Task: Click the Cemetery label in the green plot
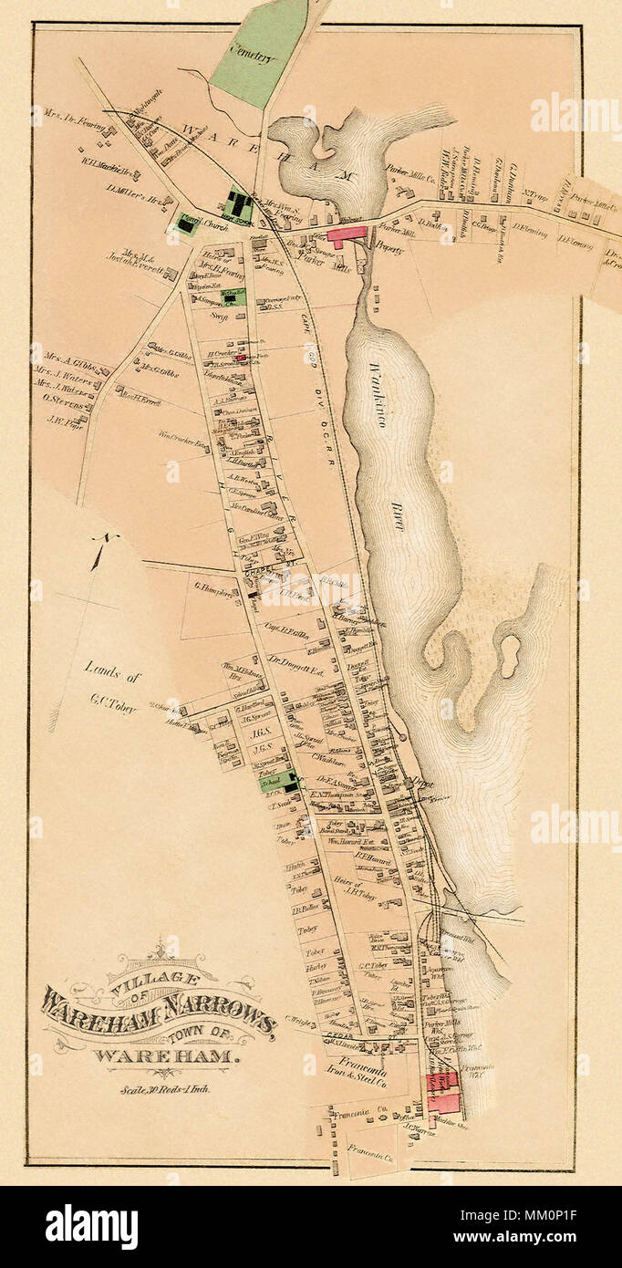pos(254,56)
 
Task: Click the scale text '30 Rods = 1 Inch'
pos(164,1088)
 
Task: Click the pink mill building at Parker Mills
pos(346,234)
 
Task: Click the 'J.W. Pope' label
pos(64,421)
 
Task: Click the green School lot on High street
pos(277,781)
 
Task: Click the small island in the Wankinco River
pos(509,654)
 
